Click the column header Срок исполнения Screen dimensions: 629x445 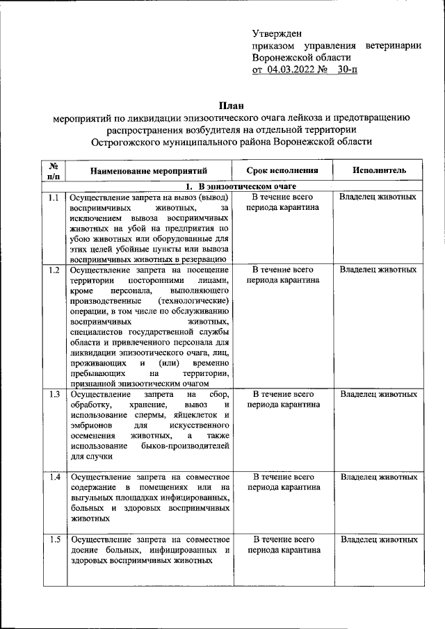(283, 170)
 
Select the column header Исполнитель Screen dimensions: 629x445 (379, 170)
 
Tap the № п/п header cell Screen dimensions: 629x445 (53, 170)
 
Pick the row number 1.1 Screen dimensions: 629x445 (54, 197)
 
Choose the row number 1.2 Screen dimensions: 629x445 (54, 269)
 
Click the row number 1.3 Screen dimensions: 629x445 (54, 394)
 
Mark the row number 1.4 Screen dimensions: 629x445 (54, 477)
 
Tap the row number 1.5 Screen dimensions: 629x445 (54, 540)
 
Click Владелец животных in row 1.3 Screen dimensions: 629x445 (378, 394)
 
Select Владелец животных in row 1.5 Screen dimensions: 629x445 (378, 540)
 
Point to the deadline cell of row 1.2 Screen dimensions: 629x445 (283, 275)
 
